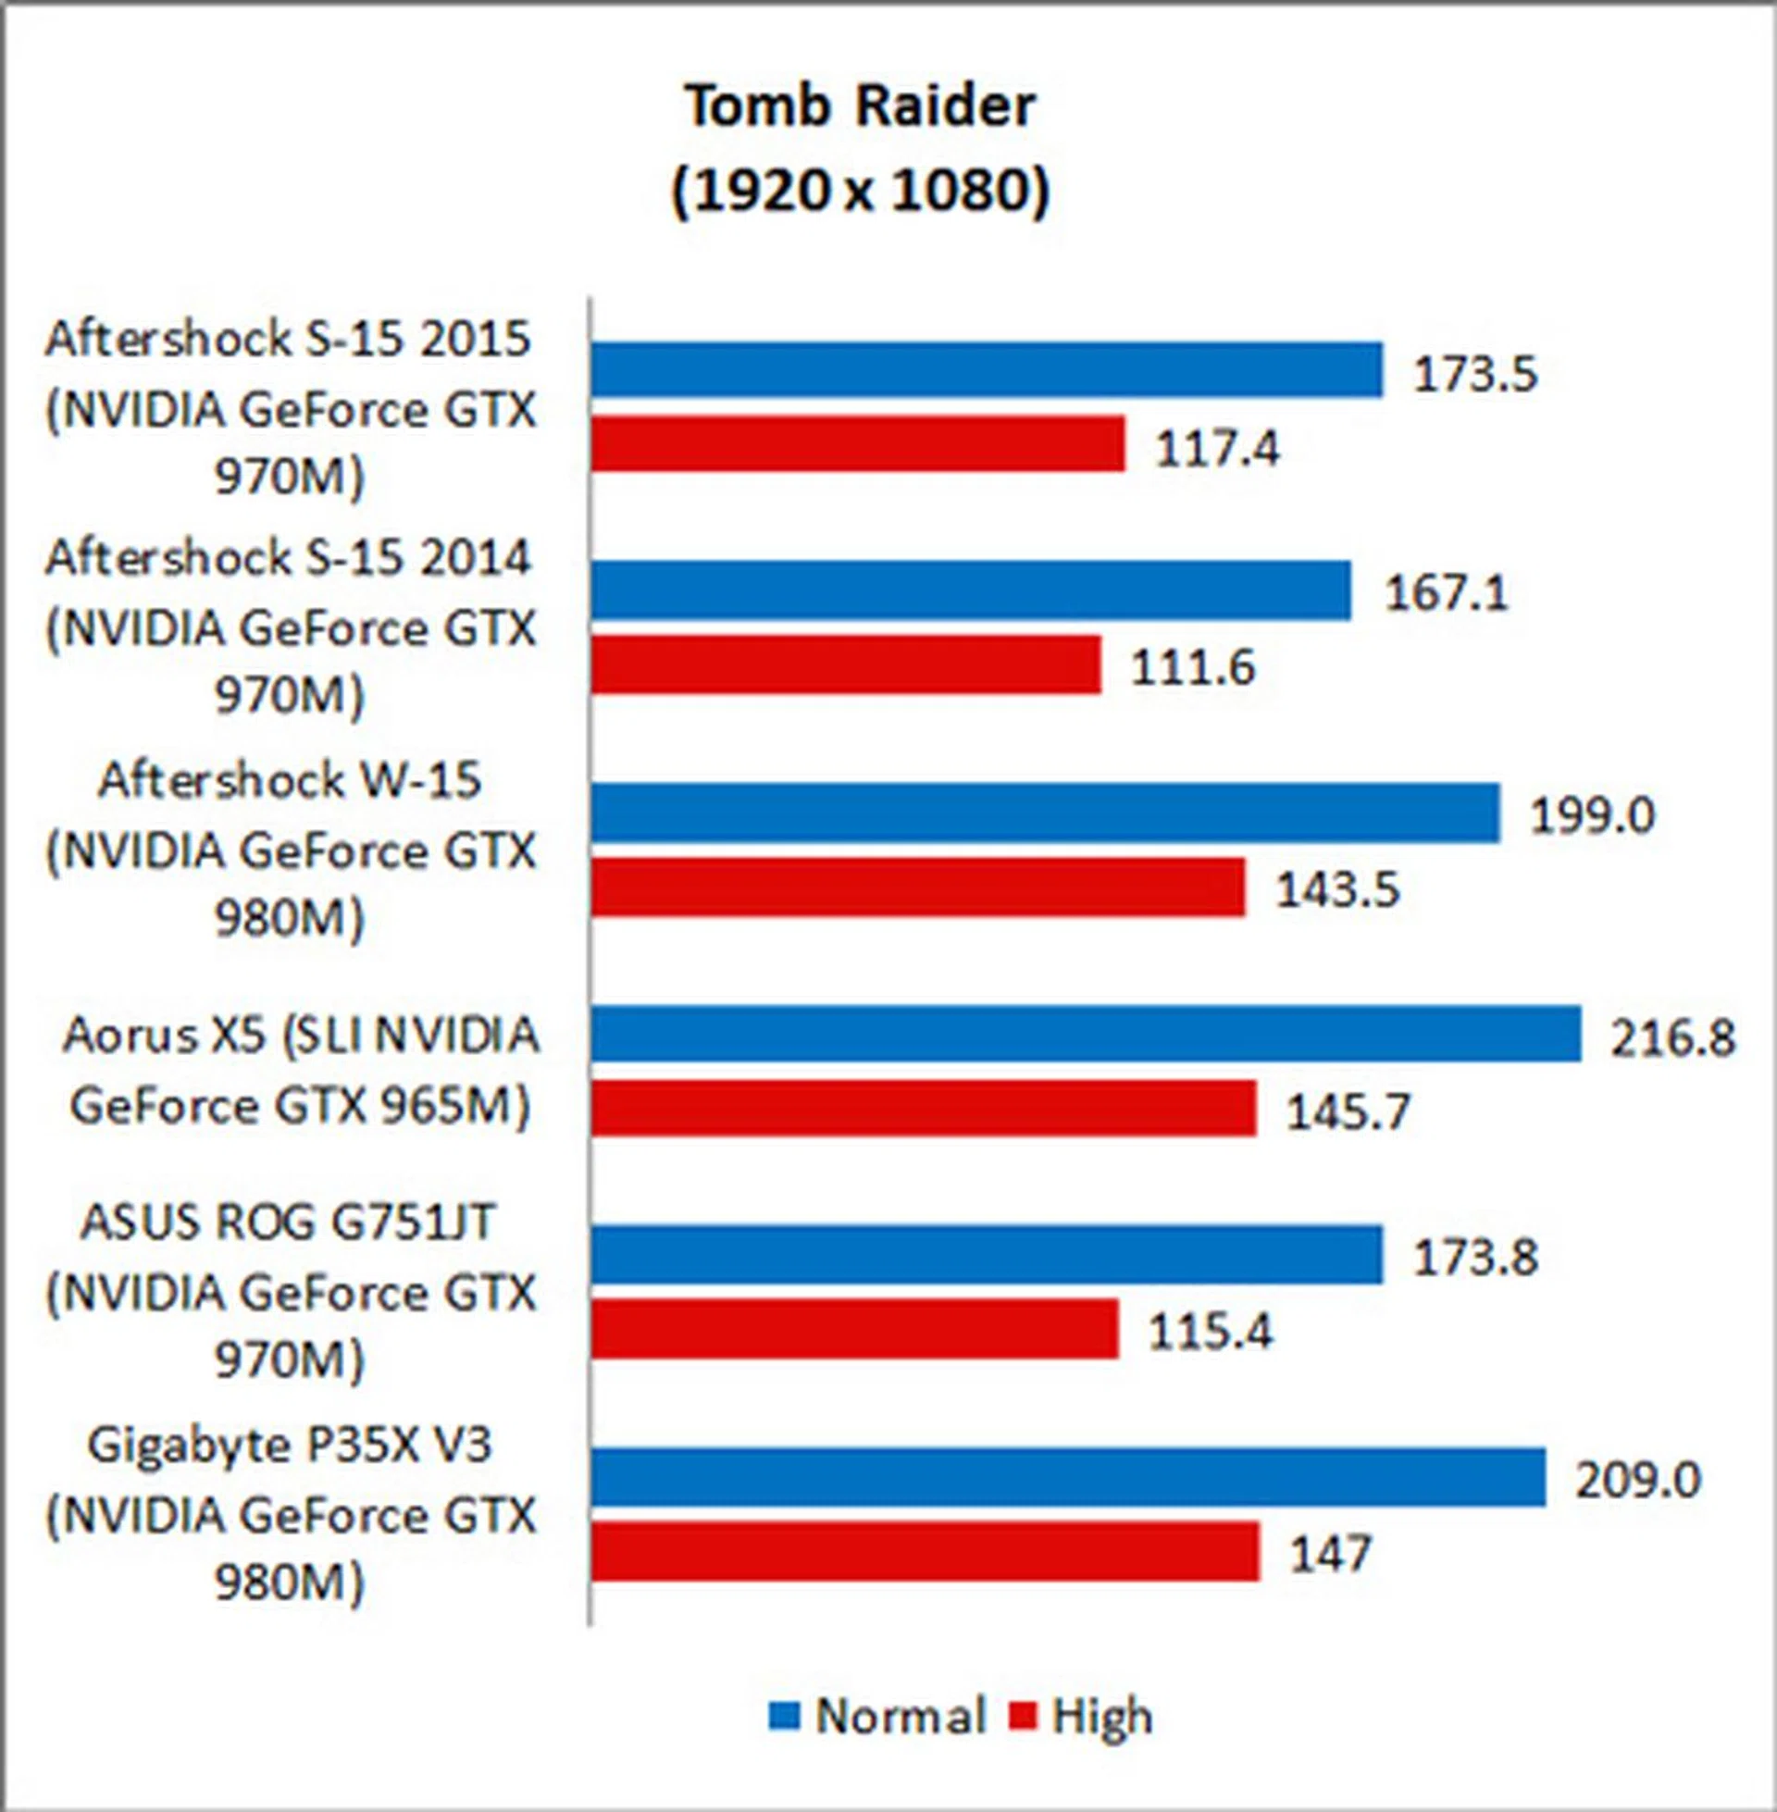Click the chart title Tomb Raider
[x=861, y=106]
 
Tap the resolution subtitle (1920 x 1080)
[x=861, y=192]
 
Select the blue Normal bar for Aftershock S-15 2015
[x=987, y=369]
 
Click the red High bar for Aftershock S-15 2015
[x=858, y=444]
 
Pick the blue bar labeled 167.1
[x=971, y=590]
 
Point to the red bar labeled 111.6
[x=846, y=665]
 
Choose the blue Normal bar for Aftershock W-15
[x=1045, y=813]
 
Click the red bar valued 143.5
[x=917, y=887]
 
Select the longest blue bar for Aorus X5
[x=1087, y=1034]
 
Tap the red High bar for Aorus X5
[x=923, y=1109]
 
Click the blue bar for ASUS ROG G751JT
[x=987, y=1255]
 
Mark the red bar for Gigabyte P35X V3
[x=925, y=1552]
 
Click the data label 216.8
[x=1671, y=1037]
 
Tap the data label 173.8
[x=1474, y=1257]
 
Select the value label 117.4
[x=1217, y=449]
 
